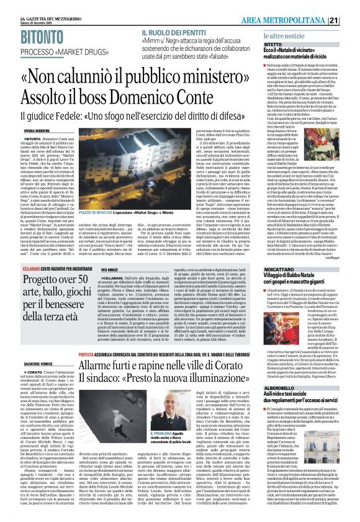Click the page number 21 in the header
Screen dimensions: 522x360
coord(351,5)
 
